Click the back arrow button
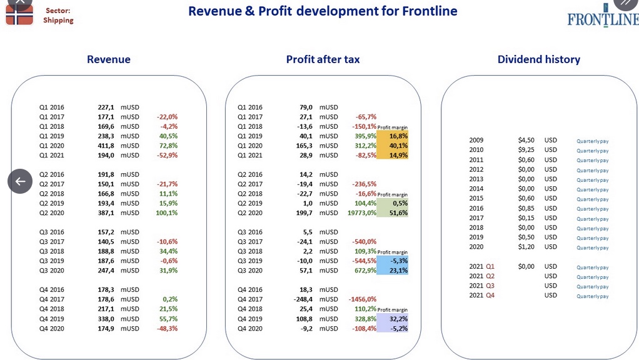pyautogui.click(x=20, y=181)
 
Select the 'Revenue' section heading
pyautogui.click(x=109, y=59)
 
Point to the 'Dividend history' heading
pyautogui.click(x=539, y=59)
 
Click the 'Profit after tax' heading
pyautogui.click(x=323, y=59)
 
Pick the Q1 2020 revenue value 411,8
pyautogui.click(x=106, y=146)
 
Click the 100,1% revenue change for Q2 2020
pyautogui.click(x=167, y=213)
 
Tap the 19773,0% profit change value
pyautogui.click(x=362, y=213)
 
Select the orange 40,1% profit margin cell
pyautogui.click(x=393, y=146)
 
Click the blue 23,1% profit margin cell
pyautogui.click(x=393, y=271)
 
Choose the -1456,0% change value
pyautogui.click(x=363, y=299)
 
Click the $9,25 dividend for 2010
pyautogui.click(x=526, y=150)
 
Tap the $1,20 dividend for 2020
pyautogui.click(x=526, y=247)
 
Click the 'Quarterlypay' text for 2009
pyautogui.click(x=593, y=141)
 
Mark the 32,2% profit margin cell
pyautogui.click(x=393, y=319)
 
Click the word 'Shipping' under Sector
pyautogui.click(x=58, y=21)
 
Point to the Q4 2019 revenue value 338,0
pyautogui.click(x=106, y=319)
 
